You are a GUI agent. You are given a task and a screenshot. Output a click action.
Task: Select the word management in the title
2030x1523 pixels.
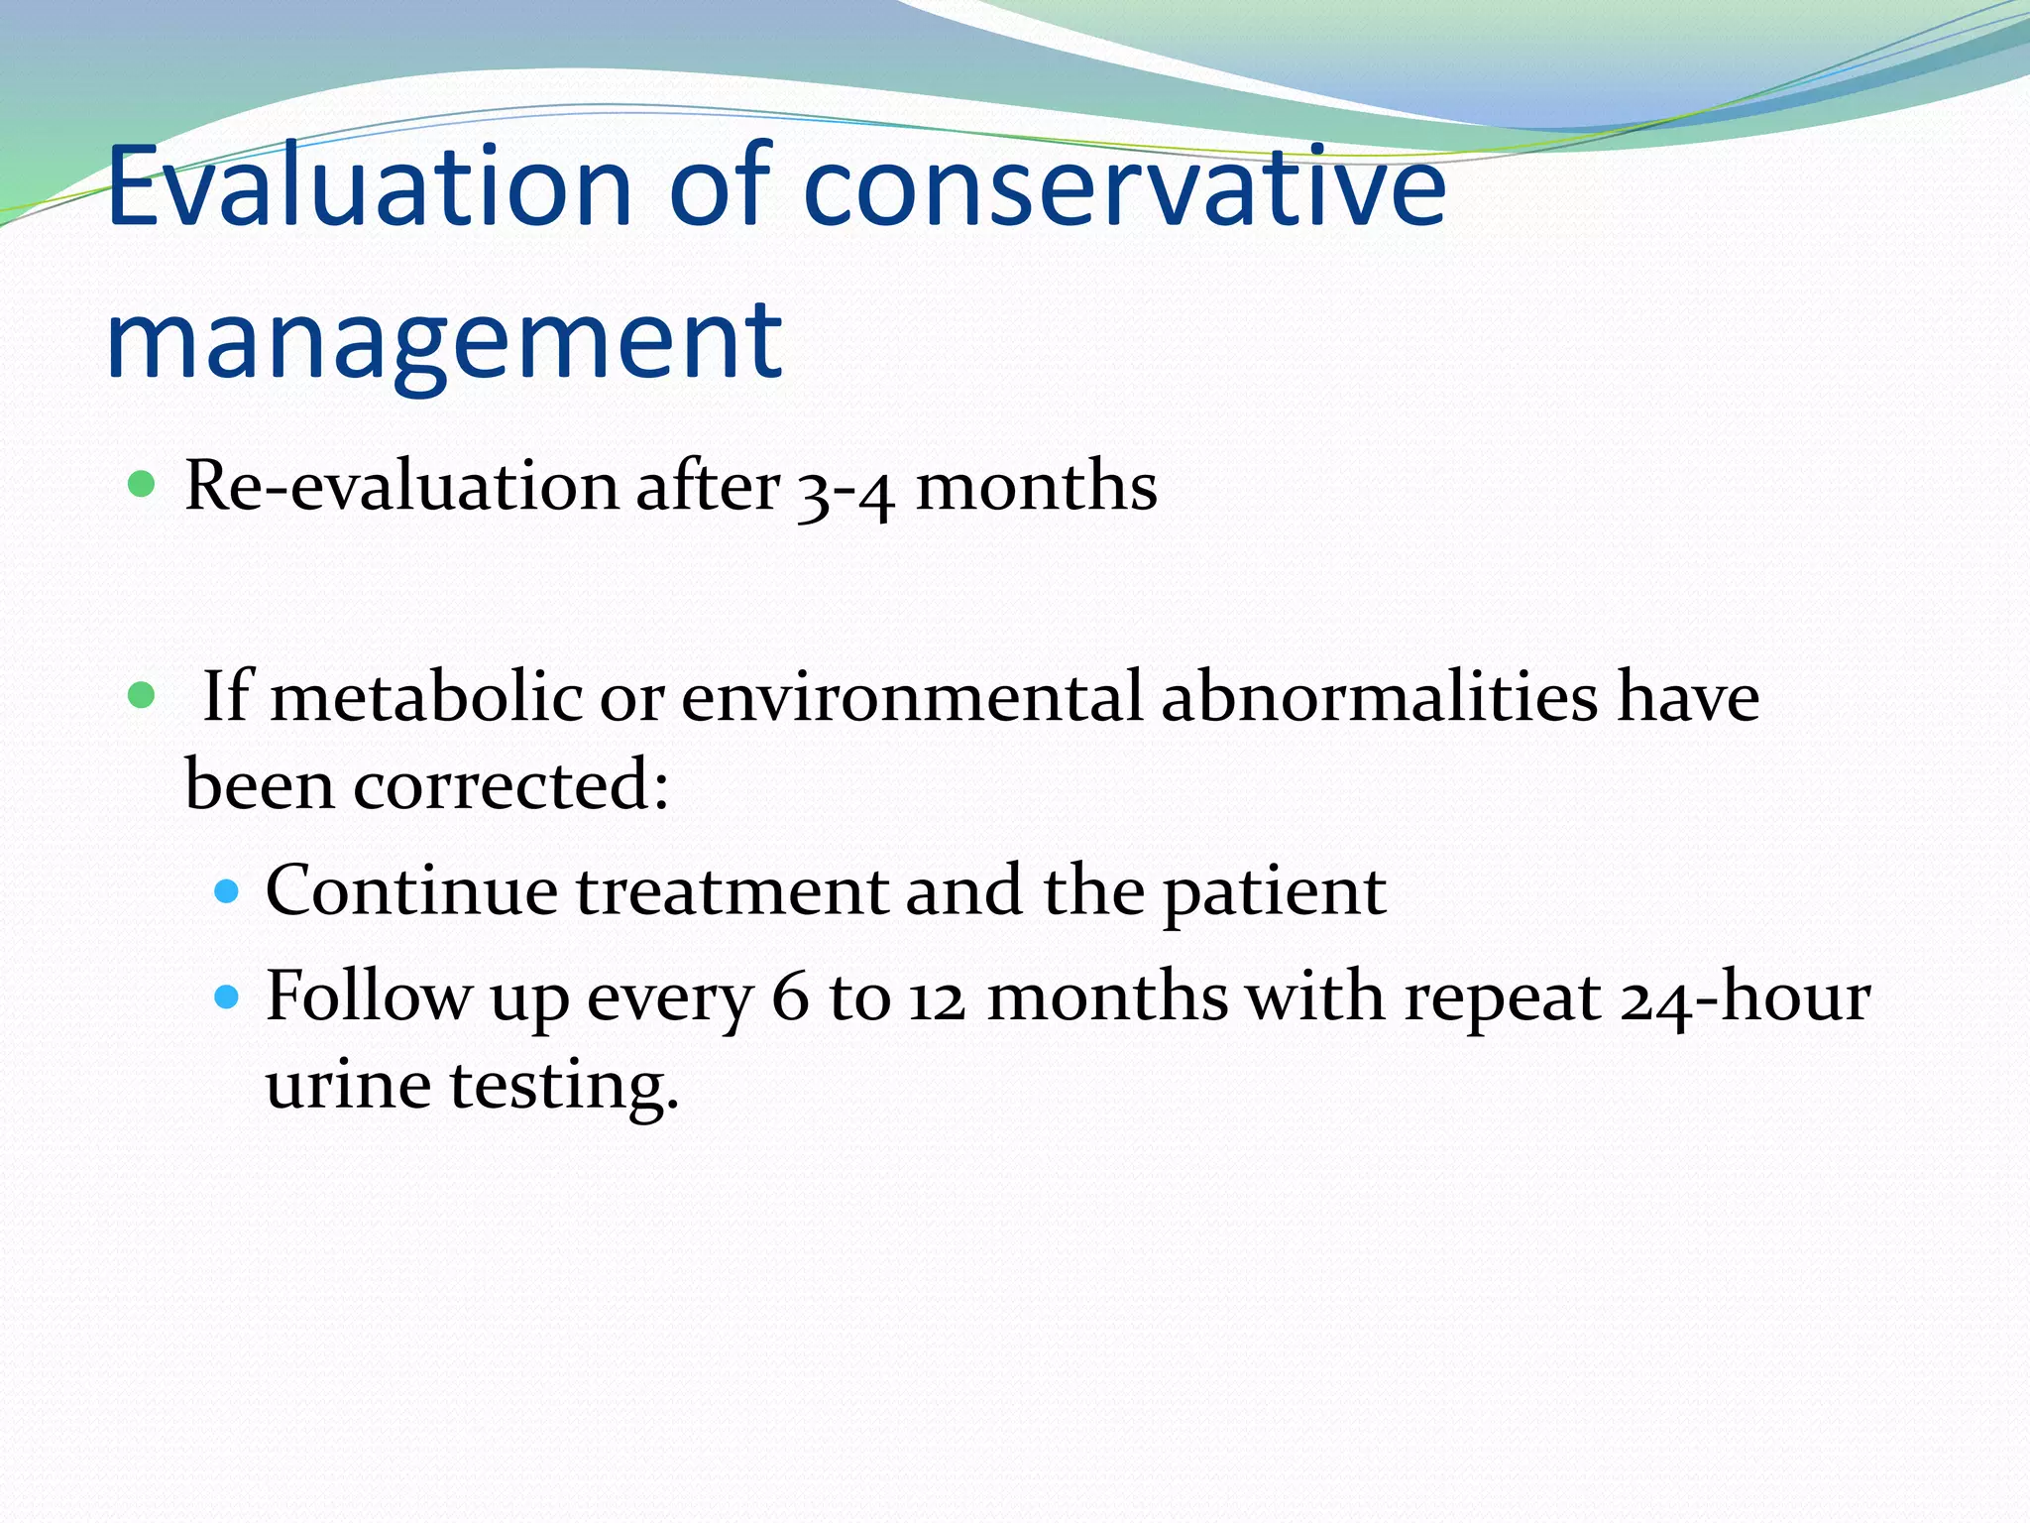(444, 342)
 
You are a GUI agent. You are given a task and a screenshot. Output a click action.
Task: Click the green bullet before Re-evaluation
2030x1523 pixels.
(143, 485)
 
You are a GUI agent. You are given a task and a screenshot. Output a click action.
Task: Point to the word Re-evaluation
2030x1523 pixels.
(401, 487)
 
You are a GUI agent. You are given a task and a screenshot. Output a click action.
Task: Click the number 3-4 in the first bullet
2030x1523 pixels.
(846, 490)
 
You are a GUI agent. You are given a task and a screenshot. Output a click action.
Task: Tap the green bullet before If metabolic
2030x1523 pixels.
(143, 696)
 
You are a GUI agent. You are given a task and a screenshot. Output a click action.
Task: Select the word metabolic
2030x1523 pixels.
(426, 696)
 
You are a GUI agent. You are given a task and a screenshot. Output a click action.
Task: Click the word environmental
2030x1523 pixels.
(912, 696)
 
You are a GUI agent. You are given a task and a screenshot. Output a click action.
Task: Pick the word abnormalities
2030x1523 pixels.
(1379, 696)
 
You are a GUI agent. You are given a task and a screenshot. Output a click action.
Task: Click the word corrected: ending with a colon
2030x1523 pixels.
(510, 785)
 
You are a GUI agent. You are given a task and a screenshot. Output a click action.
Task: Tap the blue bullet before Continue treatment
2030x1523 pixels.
(227, 891)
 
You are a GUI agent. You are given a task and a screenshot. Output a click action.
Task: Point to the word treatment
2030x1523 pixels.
(732, 890)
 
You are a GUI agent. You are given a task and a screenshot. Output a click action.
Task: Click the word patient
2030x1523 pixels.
(1274, 892)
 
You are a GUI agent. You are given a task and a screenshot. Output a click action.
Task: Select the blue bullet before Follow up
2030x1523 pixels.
(227, 996)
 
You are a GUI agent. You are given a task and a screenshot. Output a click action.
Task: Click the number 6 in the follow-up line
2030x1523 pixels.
(790, 997)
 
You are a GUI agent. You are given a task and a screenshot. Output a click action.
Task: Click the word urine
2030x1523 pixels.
(348, 1085)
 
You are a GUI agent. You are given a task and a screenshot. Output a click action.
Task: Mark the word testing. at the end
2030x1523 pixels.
(564, 1087)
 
